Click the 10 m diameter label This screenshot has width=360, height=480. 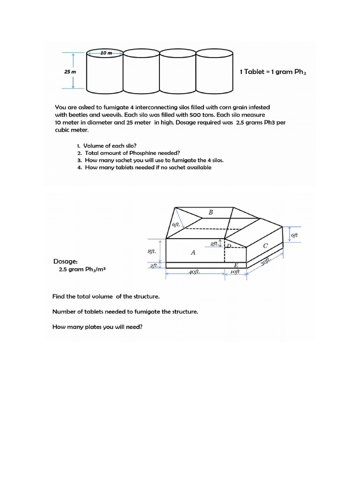(106, 53)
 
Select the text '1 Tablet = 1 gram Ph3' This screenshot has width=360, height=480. (272, 72)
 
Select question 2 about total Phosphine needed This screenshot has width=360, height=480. (128, 153)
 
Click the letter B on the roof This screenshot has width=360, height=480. (210, 212)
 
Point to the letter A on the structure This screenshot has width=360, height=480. (193, 252)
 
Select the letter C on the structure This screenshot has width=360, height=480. (265, 246)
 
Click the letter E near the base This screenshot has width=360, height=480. (236, 265)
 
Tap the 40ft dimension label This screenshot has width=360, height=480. (194, 272)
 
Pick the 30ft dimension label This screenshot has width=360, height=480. (266, 262)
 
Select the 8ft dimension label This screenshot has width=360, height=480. (151, 251)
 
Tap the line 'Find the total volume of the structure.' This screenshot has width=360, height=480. (106, 296)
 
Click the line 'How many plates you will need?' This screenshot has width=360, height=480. (97, 327)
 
